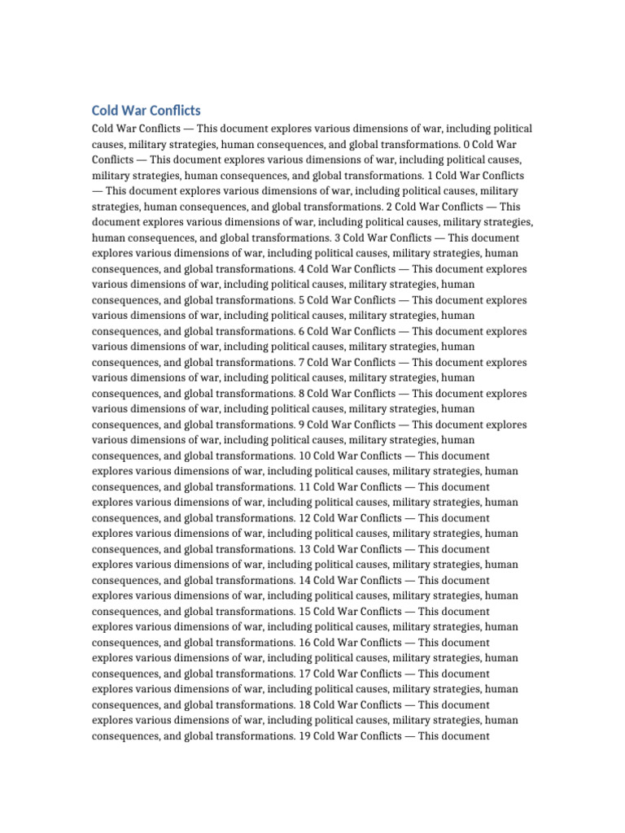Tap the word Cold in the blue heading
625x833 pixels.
(104, 110)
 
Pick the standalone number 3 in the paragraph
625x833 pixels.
(337, 238)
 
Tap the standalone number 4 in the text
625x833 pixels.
(301, 269)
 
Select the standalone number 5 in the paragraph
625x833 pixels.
(301, 300)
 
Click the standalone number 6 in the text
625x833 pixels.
(301, 331)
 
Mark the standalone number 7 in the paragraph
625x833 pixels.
(301, 363)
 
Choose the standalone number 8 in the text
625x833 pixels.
(301, 394)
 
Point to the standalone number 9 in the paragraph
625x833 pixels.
(301, 425)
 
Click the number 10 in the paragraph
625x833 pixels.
(304, 456)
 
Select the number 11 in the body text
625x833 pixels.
(304, 486)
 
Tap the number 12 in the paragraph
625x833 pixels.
(304, 518)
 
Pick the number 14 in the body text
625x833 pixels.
(304, 580)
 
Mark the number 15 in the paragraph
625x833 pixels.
(304, 611)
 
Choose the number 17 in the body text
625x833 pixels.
(304, 674)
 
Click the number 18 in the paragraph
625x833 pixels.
(304, 704)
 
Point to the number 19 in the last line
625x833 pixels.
(304, 735)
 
